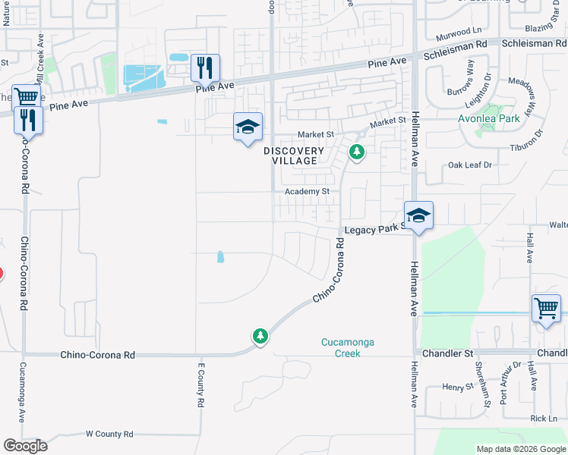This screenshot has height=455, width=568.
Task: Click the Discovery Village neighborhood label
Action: [294, 155]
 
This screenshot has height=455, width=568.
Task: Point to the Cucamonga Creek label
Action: [347, 347]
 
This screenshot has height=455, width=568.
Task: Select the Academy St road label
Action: [307, 192]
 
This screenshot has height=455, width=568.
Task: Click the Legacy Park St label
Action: [373, 229]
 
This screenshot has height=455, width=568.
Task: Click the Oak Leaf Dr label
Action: [470, 165]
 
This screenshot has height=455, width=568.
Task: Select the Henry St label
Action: [458, 388]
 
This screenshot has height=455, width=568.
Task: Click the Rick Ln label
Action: [544, 419]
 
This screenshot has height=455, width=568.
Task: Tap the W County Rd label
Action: [109, 434]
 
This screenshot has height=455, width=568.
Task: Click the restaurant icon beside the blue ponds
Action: [204, 68]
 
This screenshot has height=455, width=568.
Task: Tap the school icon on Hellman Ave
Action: [418, 215]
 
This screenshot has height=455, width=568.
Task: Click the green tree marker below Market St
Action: [356, 153]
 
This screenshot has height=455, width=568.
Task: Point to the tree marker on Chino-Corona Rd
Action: [260, 335]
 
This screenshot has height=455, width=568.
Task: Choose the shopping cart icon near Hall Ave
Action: [546, 308]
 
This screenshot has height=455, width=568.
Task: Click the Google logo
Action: [25, 446]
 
